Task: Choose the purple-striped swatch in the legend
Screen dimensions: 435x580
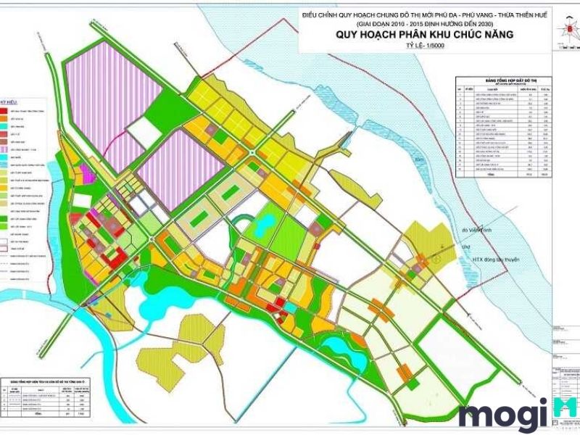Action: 4,150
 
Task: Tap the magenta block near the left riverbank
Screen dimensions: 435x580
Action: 85,174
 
